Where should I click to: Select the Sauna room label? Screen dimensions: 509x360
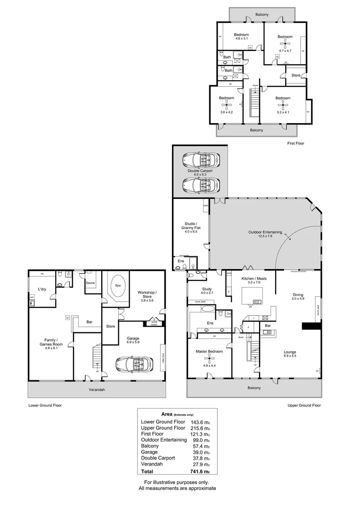[91, 283]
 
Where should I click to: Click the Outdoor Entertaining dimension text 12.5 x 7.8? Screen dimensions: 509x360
[265, 237]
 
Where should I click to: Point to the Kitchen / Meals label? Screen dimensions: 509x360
[254, 279]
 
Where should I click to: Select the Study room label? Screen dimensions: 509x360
[207, 289]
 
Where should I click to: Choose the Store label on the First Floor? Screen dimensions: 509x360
[296, 75]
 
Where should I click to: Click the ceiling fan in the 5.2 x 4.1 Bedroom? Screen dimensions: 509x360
[283, 106]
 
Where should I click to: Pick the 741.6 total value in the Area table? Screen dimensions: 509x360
[200, 471]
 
